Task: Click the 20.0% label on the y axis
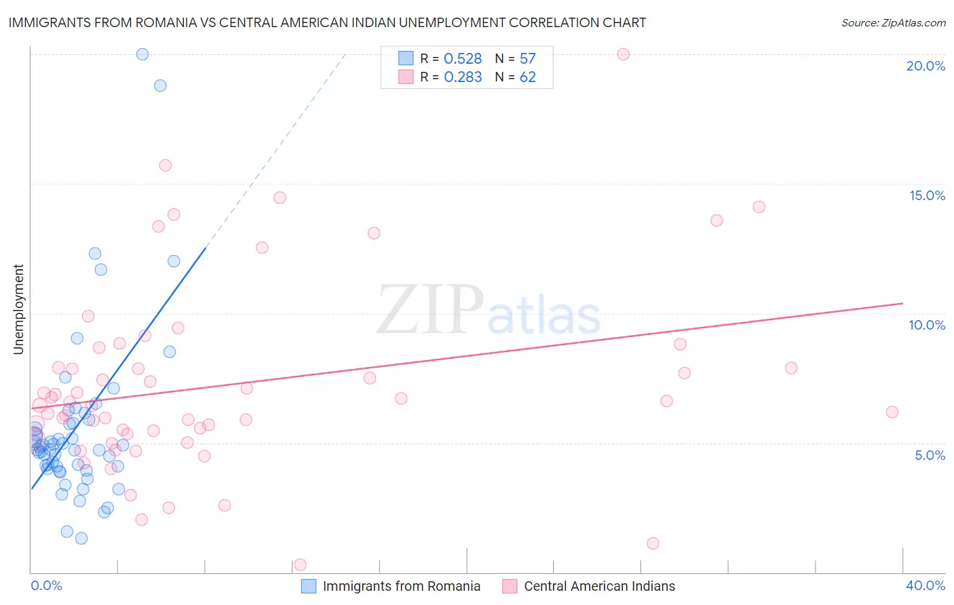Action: (926, 66)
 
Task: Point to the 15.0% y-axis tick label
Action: (927, 195)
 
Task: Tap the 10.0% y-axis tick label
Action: (927, 325)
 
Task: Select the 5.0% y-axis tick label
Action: (930, 455)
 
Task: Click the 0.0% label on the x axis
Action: (46, 585)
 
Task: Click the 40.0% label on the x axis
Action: (926, 585)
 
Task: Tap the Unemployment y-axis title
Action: (18, 309)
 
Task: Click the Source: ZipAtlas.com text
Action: (894, 22)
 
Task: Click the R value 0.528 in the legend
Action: (463, 59)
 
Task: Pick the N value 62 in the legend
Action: (527, 77)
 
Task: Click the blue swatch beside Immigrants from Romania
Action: (309, 586)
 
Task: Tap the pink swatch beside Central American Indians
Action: (510, 586)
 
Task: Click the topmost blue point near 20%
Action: (142, 54)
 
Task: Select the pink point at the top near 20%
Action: (624, 54)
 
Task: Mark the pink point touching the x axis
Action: (300, 565)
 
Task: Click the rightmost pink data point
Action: (892, 412)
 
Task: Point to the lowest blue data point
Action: (81, 539)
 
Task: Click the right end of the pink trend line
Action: (903, 303)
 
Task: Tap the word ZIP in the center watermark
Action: (430, 311)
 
